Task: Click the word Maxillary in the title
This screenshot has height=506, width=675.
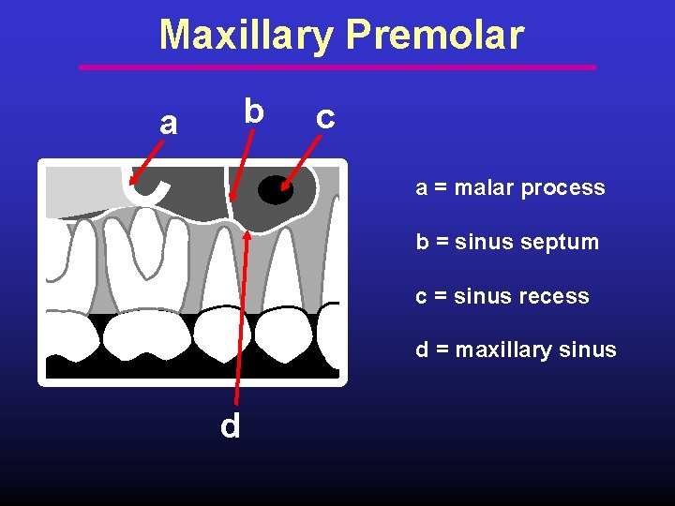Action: pyautogui.click(x=246, y=36)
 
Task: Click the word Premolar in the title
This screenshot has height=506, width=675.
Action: pyautogui.click(x=434, y=36)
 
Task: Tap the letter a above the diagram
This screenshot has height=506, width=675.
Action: pyautogui.click(x=168, y=122)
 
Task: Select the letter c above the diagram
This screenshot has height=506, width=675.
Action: pyautogui.click(x=325, y=117)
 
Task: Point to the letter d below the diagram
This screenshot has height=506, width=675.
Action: pyautogui.click(x=231, y=426)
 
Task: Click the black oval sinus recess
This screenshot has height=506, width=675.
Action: pyautogui.click(x=275, y=189)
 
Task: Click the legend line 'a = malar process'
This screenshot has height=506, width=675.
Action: pyautogui.click(x=510, y=187)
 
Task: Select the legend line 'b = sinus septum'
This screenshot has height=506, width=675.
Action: pyautogui.click(x=506, y=242)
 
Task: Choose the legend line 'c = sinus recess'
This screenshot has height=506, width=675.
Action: pyautogui.click(x=502, y=296)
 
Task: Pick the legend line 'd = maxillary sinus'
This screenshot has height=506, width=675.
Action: pyautogui.click(x=516, y=350)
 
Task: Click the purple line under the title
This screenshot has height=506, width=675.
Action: pyautogui.click(x=337, y=67)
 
